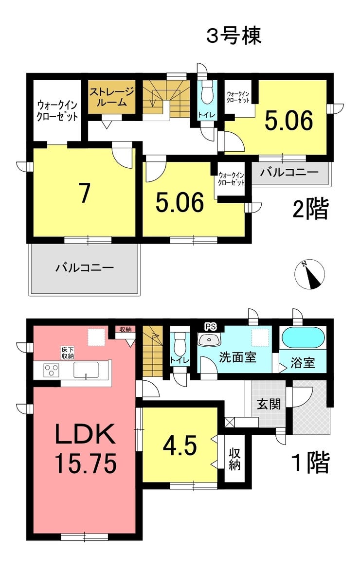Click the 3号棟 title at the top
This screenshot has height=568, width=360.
[x=234, y=36]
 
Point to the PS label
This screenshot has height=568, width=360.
[x=210, y=327]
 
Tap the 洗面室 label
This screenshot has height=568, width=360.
[x=237, y=357]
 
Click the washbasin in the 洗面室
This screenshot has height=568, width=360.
[x=210, y=340]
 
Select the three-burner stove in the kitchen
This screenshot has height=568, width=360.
[x=51, y=370]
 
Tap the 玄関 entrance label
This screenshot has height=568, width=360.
[x=269, y=404]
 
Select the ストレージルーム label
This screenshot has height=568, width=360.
[x=112, y=97]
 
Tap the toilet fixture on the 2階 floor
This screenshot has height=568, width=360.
[x=207, y=93]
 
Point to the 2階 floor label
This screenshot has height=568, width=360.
[x=311, y=208]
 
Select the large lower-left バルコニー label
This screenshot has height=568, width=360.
[x=85, y=267]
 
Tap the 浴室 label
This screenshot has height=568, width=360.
[x=303, y=363]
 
